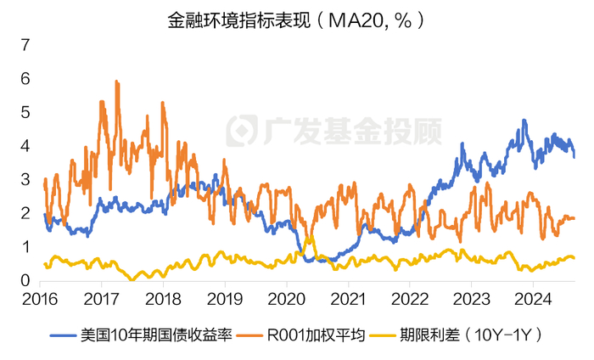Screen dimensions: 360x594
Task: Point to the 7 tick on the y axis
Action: coord(25,45)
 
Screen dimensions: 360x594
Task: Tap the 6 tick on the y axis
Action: coord(25,78)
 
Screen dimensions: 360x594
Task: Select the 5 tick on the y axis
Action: coord(25,112)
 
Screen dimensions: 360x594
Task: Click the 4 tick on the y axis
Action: coord(25,146)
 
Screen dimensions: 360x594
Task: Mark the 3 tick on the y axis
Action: coord(25,180)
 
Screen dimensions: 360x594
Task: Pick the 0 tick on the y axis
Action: coord(25,281)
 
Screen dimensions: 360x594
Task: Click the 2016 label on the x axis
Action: coord(40,300)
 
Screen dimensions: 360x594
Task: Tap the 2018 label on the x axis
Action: coord(162,300)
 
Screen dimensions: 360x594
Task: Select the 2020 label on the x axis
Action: coord(284,300)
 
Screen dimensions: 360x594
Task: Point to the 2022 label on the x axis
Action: coord(406,300)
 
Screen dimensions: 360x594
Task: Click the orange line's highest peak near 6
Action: coord(116,82)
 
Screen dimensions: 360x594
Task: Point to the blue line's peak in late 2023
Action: coord(524,121)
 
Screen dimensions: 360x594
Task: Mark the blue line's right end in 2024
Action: coord(574,156)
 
